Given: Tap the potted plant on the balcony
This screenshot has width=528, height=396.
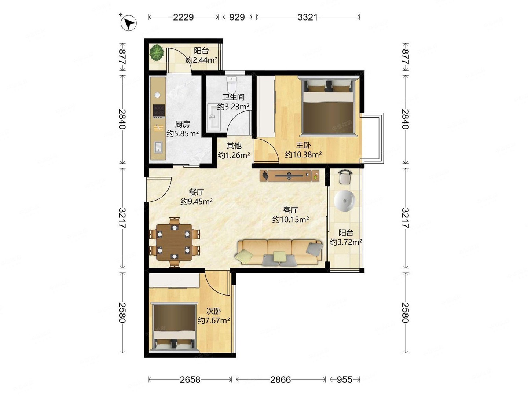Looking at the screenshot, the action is [x=156, y=52].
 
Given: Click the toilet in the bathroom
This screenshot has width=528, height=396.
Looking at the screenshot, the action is [x=232, y=85].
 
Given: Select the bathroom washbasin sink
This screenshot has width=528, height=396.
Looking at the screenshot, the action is [x=214, y=117].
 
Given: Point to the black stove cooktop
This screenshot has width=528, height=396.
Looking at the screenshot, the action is [x=159, y=111].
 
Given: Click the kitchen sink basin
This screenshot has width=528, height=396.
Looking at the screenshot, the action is [x=158, y=147].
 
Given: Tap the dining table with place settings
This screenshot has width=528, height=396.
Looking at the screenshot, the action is [x=174, y=242].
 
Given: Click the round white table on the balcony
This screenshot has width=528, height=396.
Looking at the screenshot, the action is [x=344, y=201].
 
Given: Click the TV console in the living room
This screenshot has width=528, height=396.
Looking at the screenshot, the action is [x=289, y=176].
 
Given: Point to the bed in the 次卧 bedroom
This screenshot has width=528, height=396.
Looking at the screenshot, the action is [x=174, y=328].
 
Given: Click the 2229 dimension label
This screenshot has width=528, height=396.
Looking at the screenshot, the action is [x=183, y=17].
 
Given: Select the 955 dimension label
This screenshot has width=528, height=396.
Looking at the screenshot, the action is [x=344, y=379].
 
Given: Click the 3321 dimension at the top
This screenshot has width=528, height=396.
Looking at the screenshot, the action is [x=308, y=17].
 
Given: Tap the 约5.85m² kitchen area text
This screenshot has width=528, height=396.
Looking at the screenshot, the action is [x=183, y=133].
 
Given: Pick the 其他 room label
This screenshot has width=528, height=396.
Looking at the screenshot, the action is [x=234, y=146].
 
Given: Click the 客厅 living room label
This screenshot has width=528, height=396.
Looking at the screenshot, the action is [x=290, y=210].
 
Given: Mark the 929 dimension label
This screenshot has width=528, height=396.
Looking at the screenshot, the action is [x=237, y=17].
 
